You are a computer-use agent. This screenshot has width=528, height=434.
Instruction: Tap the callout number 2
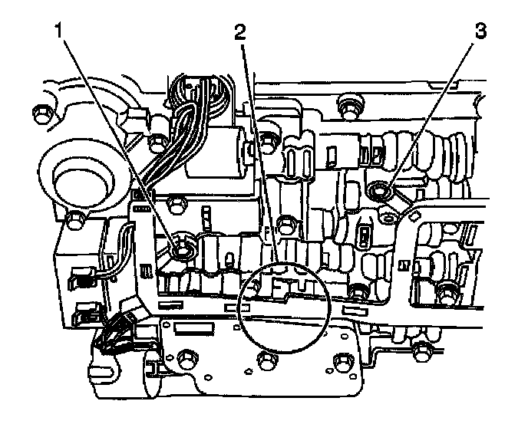(x=240, y=33)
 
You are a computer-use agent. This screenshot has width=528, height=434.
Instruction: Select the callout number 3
(x=481, y=33)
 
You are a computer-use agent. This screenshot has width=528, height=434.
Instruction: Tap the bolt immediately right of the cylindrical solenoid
(x=268, y=140)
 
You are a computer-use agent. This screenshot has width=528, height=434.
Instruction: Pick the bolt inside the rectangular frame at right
(x=445, y=291)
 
